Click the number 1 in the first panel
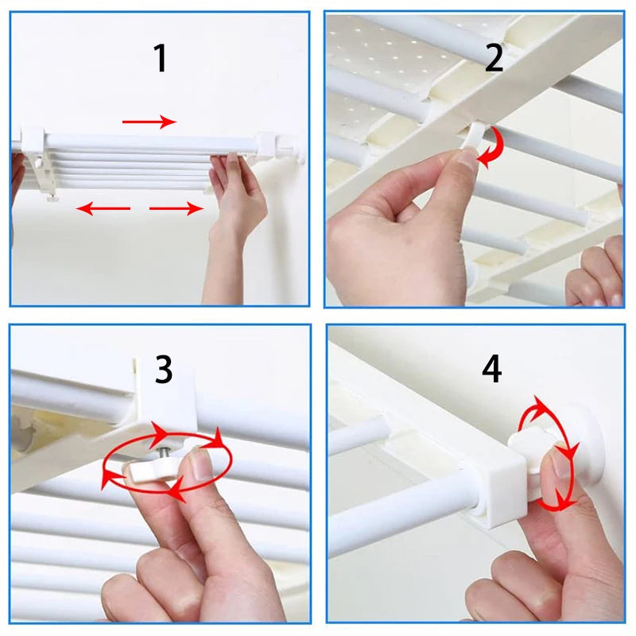pyautogui.click(x=161, y=59)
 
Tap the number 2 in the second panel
pyautogui.click(x=494, y=58)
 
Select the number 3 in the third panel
pyautogui.click(x=164, y=370)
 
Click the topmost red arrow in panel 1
pyautogui.click(x=149, y=122)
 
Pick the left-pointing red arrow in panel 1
pyautogui.click(x=103, y=209)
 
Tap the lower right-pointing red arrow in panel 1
pyautogui.click(x=176, y=209)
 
